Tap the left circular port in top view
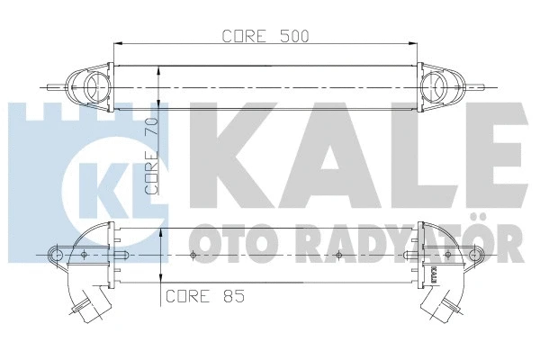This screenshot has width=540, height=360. point(93,85)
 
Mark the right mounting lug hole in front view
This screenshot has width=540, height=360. point(473,255)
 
